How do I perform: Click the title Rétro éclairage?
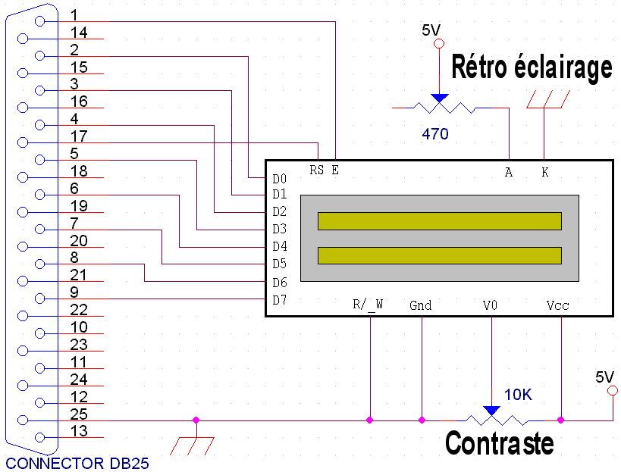coord(532,67)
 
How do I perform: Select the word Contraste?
coord(499,442)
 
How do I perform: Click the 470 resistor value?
coord(435,134)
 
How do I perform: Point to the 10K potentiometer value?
coord(518,395)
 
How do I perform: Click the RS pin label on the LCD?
coord(317,169)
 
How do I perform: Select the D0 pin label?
coord(279,179)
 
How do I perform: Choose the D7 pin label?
coord(279,300)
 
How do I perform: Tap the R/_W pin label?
coord(369,305)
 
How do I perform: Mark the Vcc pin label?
coord(557,305)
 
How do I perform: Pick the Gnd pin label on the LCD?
coord(420,305)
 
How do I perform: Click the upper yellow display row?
coord(440,220)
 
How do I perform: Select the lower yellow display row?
coord(440,255)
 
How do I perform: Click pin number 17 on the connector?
coord(79,136)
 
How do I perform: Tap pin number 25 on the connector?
coord(79,414)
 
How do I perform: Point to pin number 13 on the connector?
coord(79,431)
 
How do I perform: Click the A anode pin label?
coord(508,173)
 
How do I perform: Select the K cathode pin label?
coord(544,173)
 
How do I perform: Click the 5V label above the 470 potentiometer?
coord(431,30)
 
